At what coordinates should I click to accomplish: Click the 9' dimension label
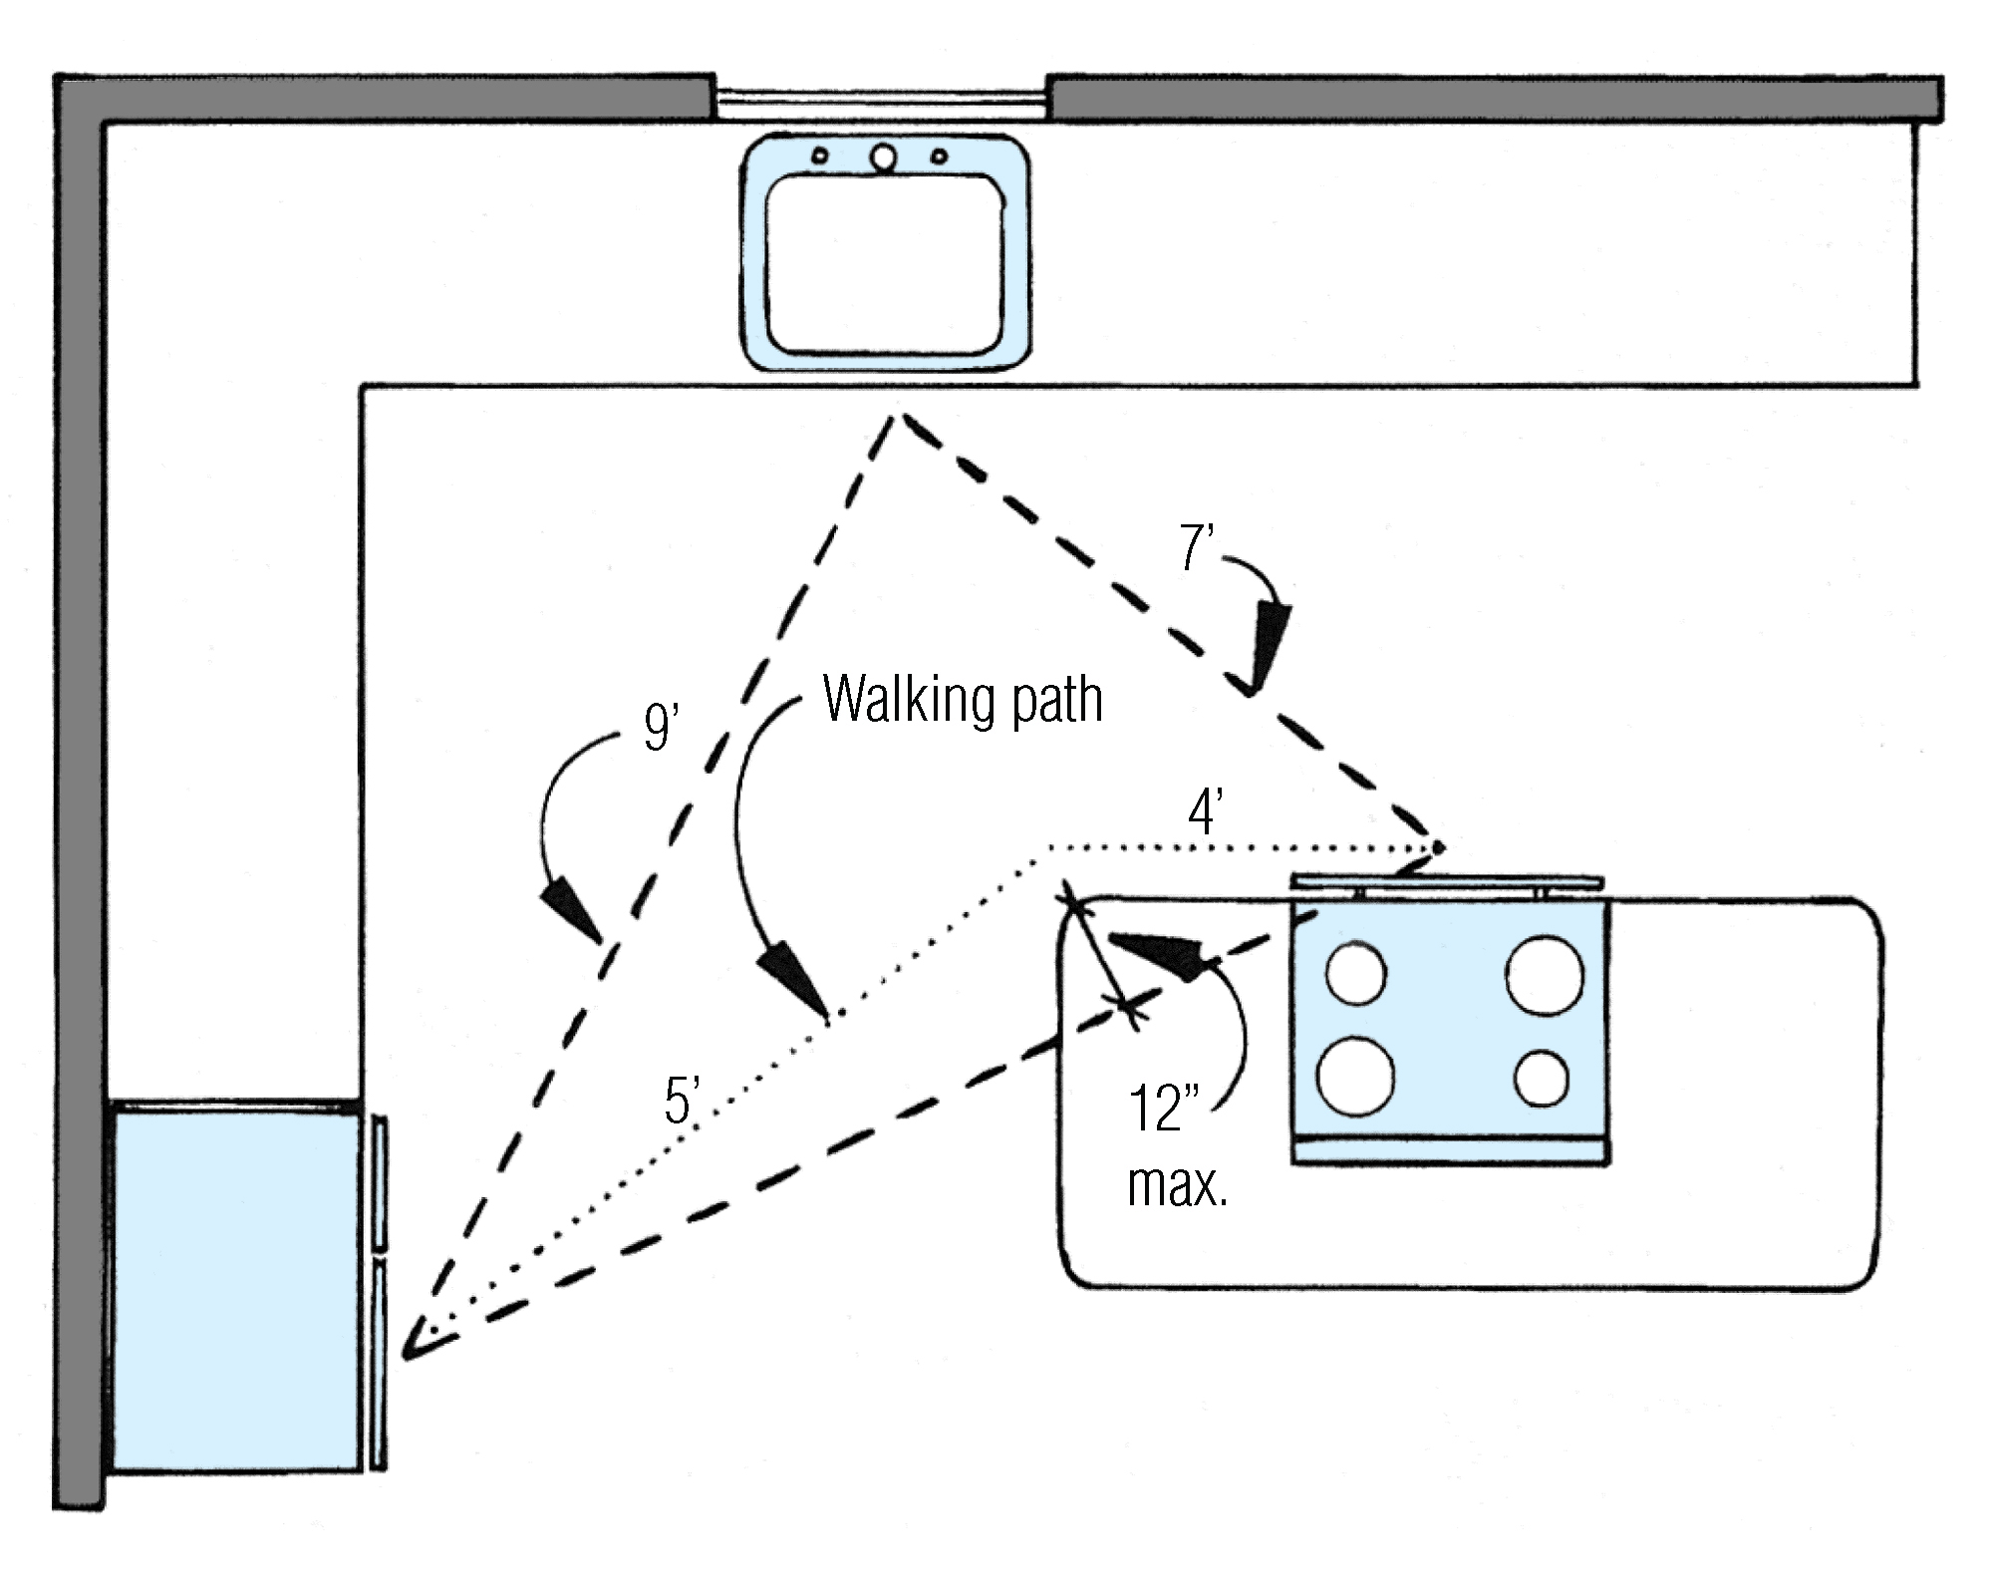click(x=661, y=727)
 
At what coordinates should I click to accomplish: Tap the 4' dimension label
click(x=1205, y=812)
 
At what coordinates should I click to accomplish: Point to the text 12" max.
click(x=1176, y=1146)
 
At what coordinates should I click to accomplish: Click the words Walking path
click(x=963, y=699)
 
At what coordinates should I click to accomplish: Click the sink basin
click(x=885, y=263)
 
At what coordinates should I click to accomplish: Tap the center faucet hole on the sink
click(x=883, y=157)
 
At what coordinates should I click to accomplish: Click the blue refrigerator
click(x=236, y=1286)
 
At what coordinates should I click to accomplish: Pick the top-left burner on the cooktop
click(x=1356, y=973)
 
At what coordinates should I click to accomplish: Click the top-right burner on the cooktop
click(x=1545, y=974)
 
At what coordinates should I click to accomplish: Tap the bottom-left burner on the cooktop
click(x=1355, y=1077)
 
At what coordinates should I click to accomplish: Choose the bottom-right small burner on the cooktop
click(x=1542, y=1078)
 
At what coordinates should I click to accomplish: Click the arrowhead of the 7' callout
click(x=1266, y=648)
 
